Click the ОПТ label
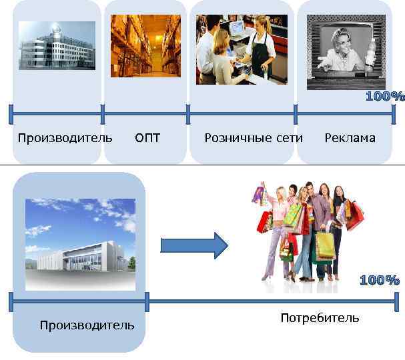tap(147, 138)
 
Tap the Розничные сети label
tap(254, 138)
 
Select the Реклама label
tap(350, 138)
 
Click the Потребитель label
tap(320, 317)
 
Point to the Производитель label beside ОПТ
tap(65, 138)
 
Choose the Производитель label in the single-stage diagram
tap(87, 325)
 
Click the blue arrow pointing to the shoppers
tap(194, 245)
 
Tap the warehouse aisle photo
tap(145, 41)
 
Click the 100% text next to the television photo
tap(385, 96)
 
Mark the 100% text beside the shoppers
tap(379, 280)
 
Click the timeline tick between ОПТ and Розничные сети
tap(188, 114)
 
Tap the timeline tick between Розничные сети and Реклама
tap(296, 114)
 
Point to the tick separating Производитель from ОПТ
tap(103, 114)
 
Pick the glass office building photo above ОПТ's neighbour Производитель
tap(57, 45)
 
